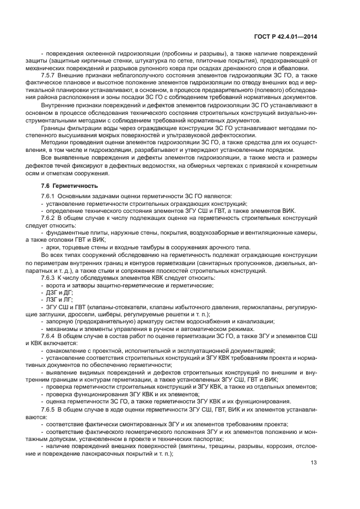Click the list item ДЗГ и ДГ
click(x=56, y=292)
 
